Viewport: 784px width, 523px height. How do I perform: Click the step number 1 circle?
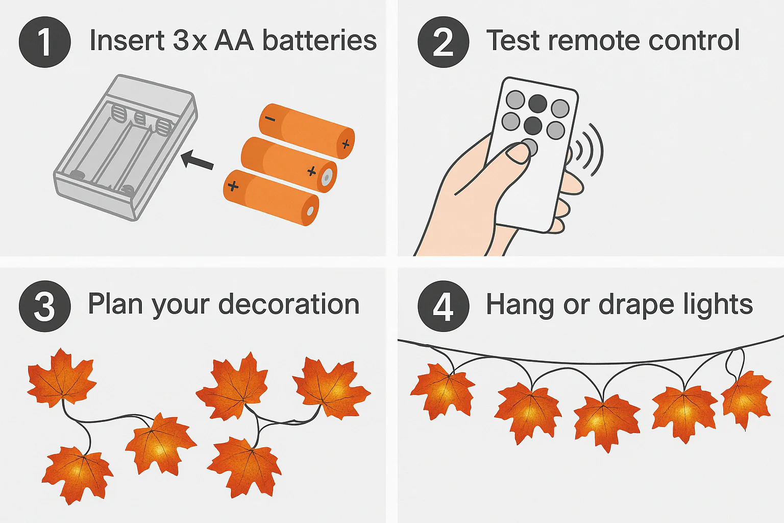[45, 42]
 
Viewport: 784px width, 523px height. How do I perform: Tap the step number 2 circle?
[444, 42]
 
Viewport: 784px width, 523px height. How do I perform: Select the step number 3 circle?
[45, 306]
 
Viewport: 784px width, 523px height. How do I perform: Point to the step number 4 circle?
[444, 306]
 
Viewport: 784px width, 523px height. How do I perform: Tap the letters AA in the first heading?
[234, 40]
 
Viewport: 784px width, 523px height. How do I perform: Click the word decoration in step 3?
[289, 304]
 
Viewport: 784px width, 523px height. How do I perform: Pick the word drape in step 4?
[636, 305]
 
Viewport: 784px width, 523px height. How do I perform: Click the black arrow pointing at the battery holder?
[198, 160]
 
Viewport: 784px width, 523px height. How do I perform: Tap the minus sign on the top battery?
[270, 119]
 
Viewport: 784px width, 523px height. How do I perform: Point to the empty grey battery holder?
[125, 148]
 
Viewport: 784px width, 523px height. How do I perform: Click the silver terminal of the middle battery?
[327, 177]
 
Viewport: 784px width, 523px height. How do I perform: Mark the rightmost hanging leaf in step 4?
[746, 399]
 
